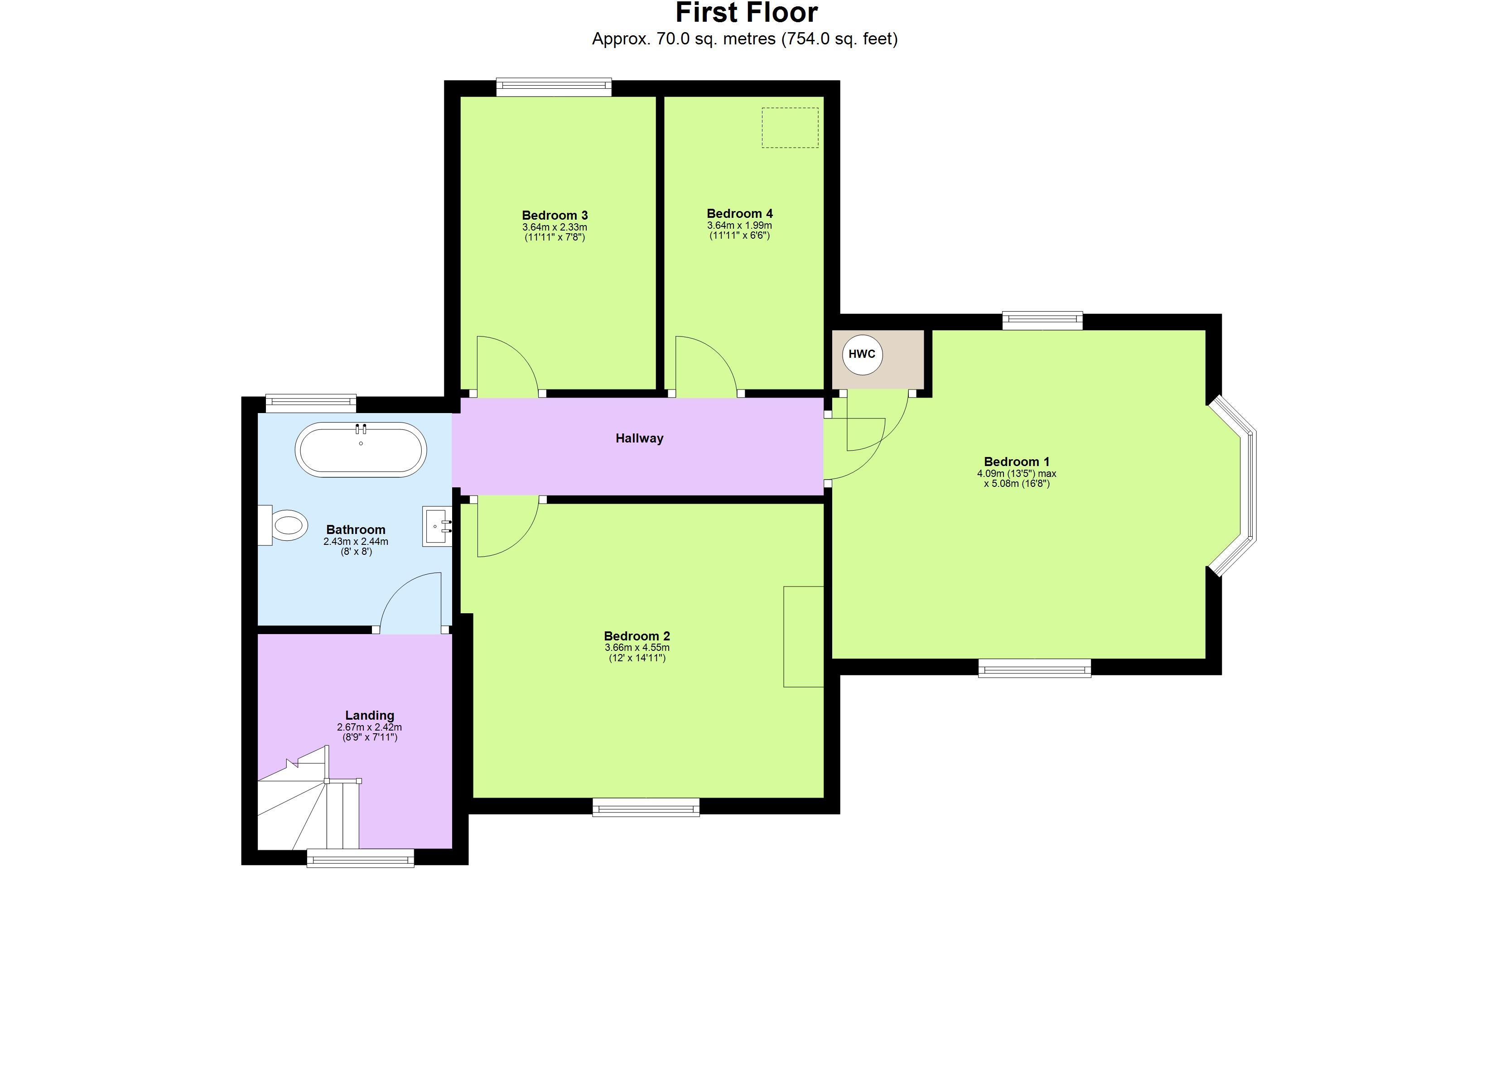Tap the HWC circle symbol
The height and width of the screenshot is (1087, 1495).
tap(862, 355)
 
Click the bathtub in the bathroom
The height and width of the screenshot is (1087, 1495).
tap(361, 450)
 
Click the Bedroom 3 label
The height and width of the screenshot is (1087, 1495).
tap(555, 216)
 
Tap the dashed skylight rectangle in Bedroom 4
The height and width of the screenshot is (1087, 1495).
tap(790, 128)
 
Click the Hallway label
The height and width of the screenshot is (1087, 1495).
tap(639, 438)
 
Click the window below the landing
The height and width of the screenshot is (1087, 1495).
tap(360, 858)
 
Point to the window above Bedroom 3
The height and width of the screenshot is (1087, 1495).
tap(554, 87)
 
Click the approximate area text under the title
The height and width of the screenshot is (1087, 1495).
tap(744, 39)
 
